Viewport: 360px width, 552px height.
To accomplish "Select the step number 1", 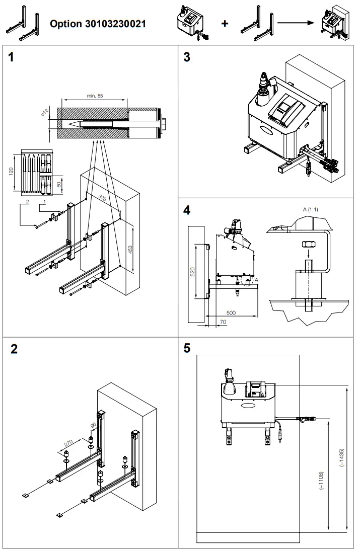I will pos(11,57).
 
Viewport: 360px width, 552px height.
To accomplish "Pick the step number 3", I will pos(187,57).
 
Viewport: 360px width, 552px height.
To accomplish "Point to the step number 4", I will pos(187,210).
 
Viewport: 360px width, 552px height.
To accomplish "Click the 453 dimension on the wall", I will pos(130,250).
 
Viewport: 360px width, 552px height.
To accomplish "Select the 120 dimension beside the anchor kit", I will pos(12,172).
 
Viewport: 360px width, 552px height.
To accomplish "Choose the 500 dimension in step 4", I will pos(231,312).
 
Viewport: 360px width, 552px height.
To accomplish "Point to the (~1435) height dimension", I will pos(342,458).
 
